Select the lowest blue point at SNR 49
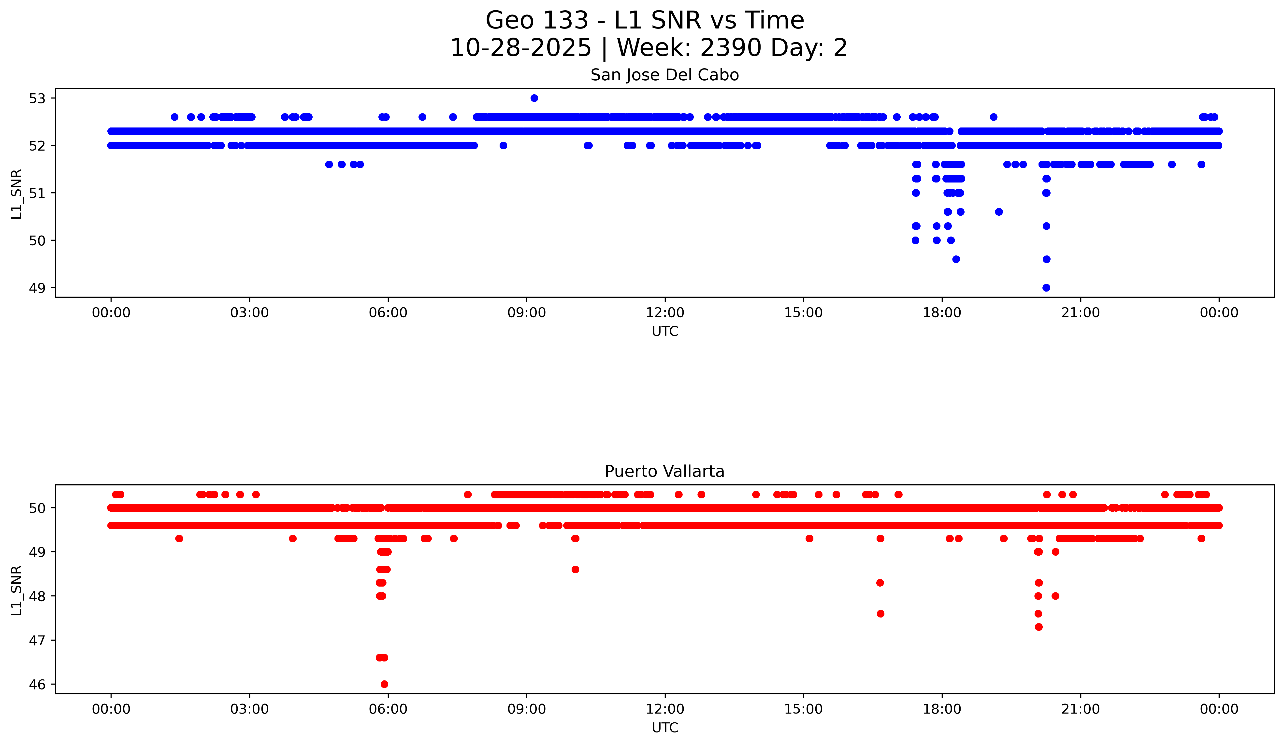pyautogui.click(x=1046, y=288)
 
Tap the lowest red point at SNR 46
pyautogui.click(x=384, y=684)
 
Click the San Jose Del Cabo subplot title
pyautogui.click(x=664, y=75)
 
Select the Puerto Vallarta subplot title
pyautogui.click(x=664, y=472)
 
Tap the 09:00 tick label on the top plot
pyautogui.click(x=526, y=313)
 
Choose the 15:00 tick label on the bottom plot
pyautogui.click(x=804, y=709)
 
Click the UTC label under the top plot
pyautogui.click(x=665, y=332)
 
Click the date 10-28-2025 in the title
pyautogui.click(x=520, y=48)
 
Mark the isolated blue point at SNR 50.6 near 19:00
pyautogui.click(x=999, y=212)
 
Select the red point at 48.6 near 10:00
pyautogui.click(x=575, y=569)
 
